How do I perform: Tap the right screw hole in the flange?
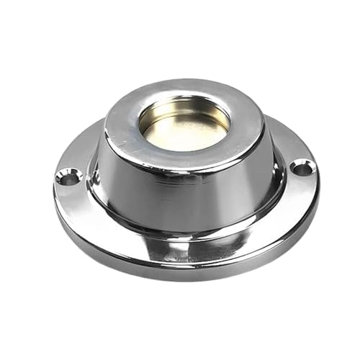point(302,169)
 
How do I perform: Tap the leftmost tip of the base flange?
point(55,189)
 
